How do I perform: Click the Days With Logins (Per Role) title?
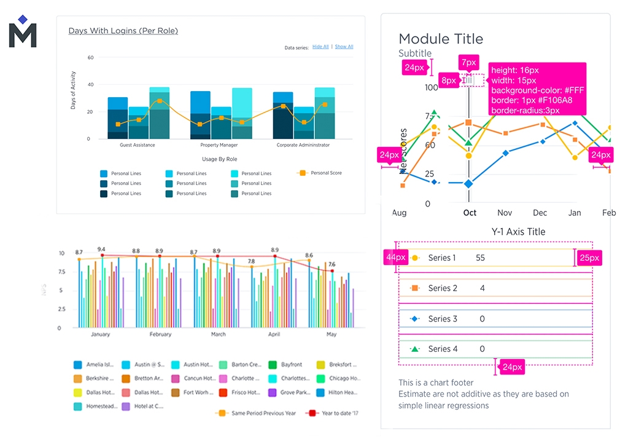[123, 31]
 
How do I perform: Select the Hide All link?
[320, 47]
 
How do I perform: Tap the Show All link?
[344, 47]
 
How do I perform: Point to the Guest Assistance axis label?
[137, 145]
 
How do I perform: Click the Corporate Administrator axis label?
[303, 145]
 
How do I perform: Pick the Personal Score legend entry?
[326, 173]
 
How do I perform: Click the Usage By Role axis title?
[220, 159]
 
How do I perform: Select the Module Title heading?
[441, 39]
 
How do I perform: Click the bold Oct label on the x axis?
[470, 213]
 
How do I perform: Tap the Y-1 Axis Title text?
[518, 232]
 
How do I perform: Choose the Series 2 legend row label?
[443, 288]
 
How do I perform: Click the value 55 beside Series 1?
[480, 258]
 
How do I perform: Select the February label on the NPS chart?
[160, 335]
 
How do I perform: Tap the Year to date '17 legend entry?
[338, 413]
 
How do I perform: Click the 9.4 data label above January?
[101, 249]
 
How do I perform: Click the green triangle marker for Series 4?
[415, 349]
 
